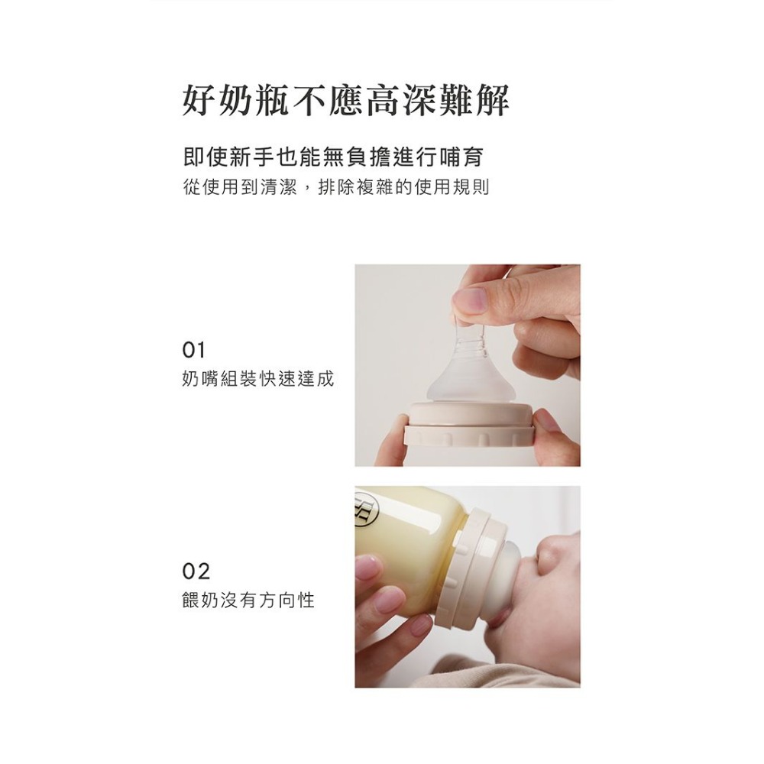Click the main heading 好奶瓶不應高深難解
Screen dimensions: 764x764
(x=345, y=100)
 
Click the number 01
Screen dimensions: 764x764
(x=194, y=351)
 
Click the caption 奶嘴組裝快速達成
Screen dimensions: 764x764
(x=258, y=379)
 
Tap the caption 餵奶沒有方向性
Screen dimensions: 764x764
(x=248, y=600)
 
